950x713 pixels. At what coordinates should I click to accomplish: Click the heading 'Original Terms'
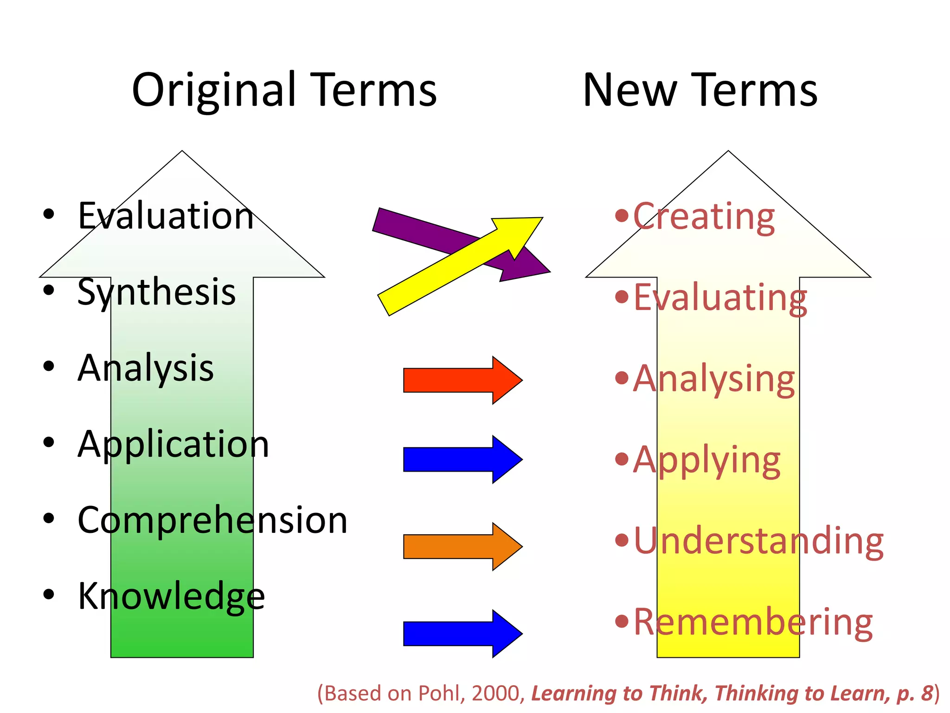[284, 91]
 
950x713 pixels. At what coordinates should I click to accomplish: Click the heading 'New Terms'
[700, 91]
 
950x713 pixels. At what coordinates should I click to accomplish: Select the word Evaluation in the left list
[166, 216]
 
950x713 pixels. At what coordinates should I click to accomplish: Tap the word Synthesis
[156, 292]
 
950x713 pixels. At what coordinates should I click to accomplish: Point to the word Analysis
[146, 368]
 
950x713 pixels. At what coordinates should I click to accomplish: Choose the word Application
[173, 444]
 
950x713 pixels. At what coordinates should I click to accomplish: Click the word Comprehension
[212, 520]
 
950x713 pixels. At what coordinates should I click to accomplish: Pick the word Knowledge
[171, 596]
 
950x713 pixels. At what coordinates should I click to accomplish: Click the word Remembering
[752, 622]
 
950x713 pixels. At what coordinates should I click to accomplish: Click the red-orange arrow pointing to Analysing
[462, 380]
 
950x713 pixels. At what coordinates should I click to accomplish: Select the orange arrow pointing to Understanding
[462, 546]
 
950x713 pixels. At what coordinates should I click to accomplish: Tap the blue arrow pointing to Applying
[462, 460]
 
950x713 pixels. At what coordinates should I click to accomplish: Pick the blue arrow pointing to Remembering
[462, 634]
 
